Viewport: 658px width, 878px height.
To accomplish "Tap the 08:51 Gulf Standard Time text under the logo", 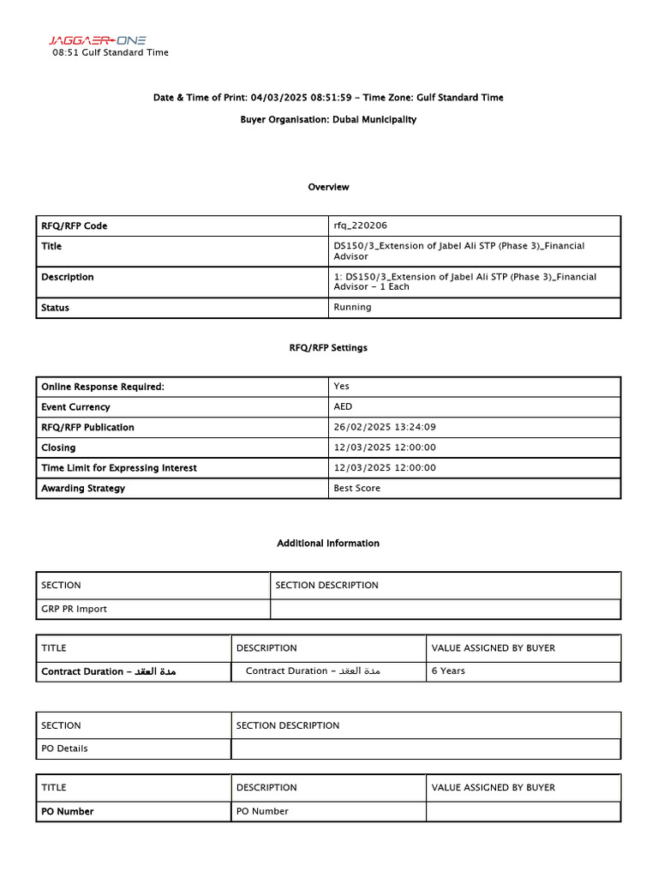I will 111,52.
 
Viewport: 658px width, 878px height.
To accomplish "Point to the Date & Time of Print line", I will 328,98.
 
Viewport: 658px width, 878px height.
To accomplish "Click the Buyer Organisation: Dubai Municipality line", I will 328,120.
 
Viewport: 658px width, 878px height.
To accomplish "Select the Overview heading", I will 328,187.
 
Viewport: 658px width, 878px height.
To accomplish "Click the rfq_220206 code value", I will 360,226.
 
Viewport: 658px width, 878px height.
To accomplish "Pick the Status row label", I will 56,308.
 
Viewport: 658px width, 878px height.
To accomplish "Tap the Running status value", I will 352,307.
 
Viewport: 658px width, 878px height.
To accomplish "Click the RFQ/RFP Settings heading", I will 328,348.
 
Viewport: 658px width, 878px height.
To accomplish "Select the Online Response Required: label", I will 103,387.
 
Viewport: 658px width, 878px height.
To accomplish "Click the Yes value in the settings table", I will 341,387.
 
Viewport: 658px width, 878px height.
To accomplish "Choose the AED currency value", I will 343,407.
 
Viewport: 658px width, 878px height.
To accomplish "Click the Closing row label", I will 58,448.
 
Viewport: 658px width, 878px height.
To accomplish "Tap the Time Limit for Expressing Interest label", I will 119,468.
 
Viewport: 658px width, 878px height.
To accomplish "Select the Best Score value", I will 357,489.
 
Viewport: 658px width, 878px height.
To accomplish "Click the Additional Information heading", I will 328,544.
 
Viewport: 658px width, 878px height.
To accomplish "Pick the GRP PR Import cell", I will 75,610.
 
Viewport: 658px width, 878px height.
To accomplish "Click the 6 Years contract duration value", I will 448,671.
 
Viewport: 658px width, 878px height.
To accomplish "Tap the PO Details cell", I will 64,749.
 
